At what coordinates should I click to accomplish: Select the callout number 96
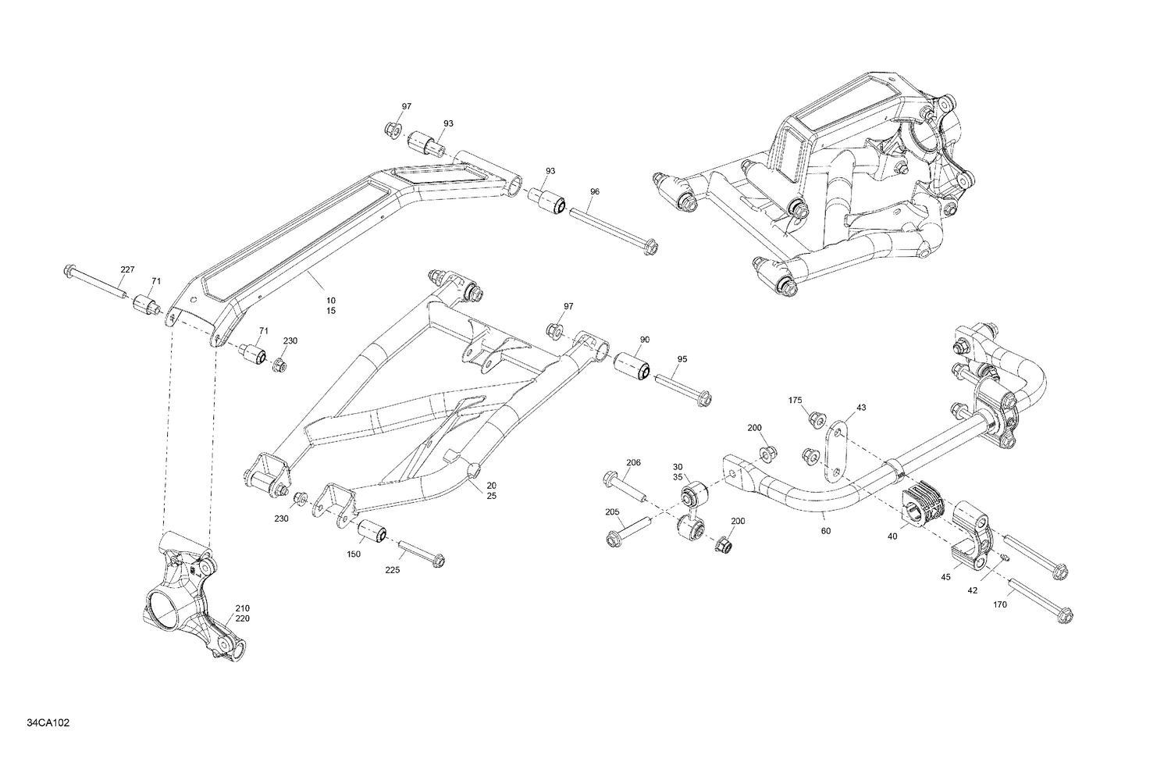(x=595, y=191)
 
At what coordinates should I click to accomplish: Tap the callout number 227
(x=126, y=269)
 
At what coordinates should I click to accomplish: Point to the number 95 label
(x=682, y=359)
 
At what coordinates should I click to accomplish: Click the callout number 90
(x=645, y=340)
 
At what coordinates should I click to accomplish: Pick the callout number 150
(x=354, y=554)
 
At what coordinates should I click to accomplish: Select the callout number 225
(x=392, y=570)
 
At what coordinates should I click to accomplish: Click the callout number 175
(x=795, y=401)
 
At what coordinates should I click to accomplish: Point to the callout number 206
(x=633, y=462)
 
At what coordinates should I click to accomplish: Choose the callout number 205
(x=612, y=512)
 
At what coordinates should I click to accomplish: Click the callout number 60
(x=826, y=531)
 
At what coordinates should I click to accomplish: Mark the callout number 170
(x=1001, y=604)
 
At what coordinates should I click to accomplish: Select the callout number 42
(x=972, y=591)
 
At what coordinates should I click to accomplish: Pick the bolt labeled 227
(x=94, y=283)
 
